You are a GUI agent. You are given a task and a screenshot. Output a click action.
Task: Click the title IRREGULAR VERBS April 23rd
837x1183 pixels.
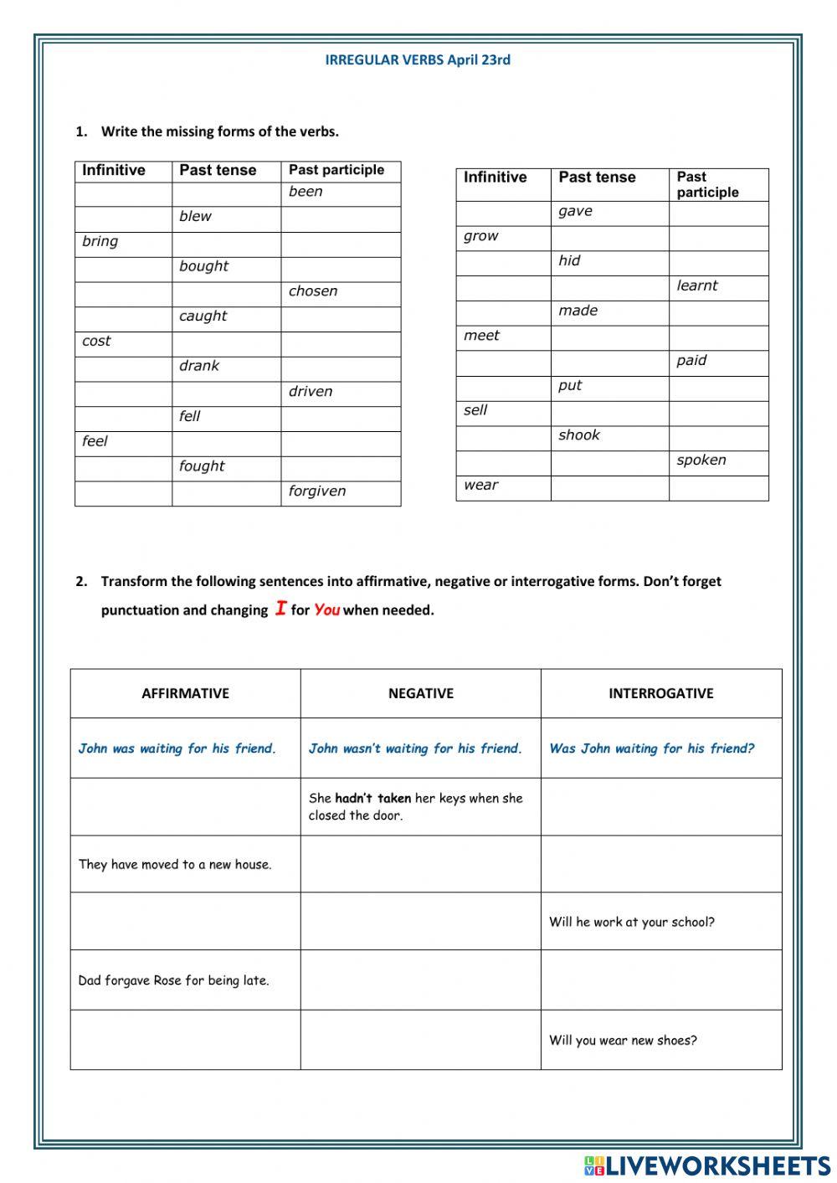[x=418, y=59]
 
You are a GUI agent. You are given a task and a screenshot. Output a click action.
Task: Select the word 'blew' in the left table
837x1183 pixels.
[x=195, y=216]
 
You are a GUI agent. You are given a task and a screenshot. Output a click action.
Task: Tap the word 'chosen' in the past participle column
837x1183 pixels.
[x=313, y=291]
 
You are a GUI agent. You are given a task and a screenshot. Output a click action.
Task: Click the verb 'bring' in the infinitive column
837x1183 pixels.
[x=100, y=241]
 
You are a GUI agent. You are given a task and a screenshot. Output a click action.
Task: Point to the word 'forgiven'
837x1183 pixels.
[x=316, y=491]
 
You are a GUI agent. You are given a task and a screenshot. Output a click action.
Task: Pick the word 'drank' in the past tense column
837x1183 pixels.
[x=199, y=366]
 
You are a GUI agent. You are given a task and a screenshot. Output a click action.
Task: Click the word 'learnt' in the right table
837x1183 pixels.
[x=696, y=285]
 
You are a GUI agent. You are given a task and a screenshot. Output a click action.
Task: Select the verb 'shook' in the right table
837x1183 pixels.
[x=579, y=435]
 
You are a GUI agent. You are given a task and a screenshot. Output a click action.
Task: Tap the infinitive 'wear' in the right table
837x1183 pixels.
[x=480, y=485]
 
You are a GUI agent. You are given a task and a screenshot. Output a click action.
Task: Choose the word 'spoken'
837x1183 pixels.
[x=701, y=460]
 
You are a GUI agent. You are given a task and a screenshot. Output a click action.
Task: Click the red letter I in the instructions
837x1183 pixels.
[x=281, y=609]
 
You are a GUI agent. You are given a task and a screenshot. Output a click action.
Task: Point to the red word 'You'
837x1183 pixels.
[x=326, y=610]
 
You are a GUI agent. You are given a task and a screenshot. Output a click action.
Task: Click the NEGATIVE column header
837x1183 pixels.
[x=420, y=693]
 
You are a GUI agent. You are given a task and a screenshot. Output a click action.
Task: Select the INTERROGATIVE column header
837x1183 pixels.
[x=660, y=693]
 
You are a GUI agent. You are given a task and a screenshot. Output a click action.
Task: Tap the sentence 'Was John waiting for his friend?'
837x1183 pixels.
[x=651, y=748]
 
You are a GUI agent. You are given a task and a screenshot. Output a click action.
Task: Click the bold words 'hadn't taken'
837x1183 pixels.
[x=373, y=799]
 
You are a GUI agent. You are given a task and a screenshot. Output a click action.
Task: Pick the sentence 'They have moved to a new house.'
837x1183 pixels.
[x=175, y=865]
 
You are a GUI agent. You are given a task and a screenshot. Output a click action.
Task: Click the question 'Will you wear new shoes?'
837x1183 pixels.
[x=623, y=1041]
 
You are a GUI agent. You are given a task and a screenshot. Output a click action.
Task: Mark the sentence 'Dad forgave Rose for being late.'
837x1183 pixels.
[x=173, y=980]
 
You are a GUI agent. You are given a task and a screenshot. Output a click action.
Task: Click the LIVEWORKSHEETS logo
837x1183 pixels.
[x=707, y=1165]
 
